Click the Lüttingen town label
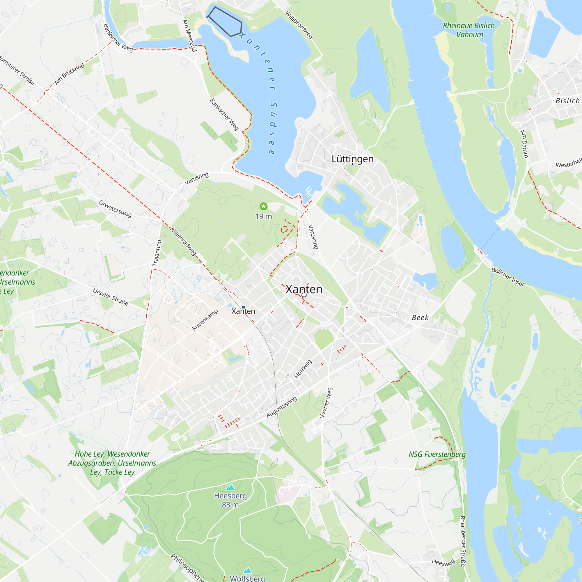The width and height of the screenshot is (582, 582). pyautogui.click(x=352, y=159)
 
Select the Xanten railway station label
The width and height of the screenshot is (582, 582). pyautogui.click(x=243, y=311)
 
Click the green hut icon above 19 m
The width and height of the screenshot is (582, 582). pyautogui.click(x=264, y=206)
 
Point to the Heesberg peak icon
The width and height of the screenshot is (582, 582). pyautogui.click(x=230, y=487)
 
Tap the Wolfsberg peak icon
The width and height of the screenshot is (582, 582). pyautogui.click(x=247, y=570)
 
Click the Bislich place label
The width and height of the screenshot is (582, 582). pyautogui.click(x=567, y=101)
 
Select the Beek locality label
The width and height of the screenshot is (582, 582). pyautogui.click(x=420, y=317)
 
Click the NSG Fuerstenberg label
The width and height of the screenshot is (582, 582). pyautogui.click(x=437, y=454)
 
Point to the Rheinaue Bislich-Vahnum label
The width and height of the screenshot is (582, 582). pyautogui.click(x=470, y=30)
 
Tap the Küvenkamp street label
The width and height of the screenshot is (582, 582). pyautogui.click(x=205, y=320)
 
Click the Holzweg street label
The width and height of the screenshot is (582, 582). pyautogui.click(x=303, y=369)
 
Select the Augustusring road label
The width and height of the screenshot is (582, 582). pyautogui.click(x=282, y=407)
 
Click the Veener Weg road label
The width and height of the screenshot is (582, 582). pyautogui.click(x=326, y=402)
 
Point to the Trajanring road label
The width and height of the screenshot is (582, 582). pyautogui.click(x=157, y=253)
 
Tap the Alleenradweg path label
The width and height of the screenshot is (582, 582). pyautogui.click(x=183, y=241)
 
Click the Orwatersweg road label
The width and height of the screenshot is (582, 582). pyautogui.click(x=115, y=209)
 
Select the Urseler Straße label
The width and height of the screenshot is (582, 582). pyautogui.click(x=111, y=297)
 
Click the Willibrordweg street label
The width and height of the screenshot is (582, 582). pyautogui.click(x=299, y=25)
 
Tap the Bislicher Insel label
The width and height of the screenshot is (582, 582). pyautogui.click(x=508, y=276)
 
